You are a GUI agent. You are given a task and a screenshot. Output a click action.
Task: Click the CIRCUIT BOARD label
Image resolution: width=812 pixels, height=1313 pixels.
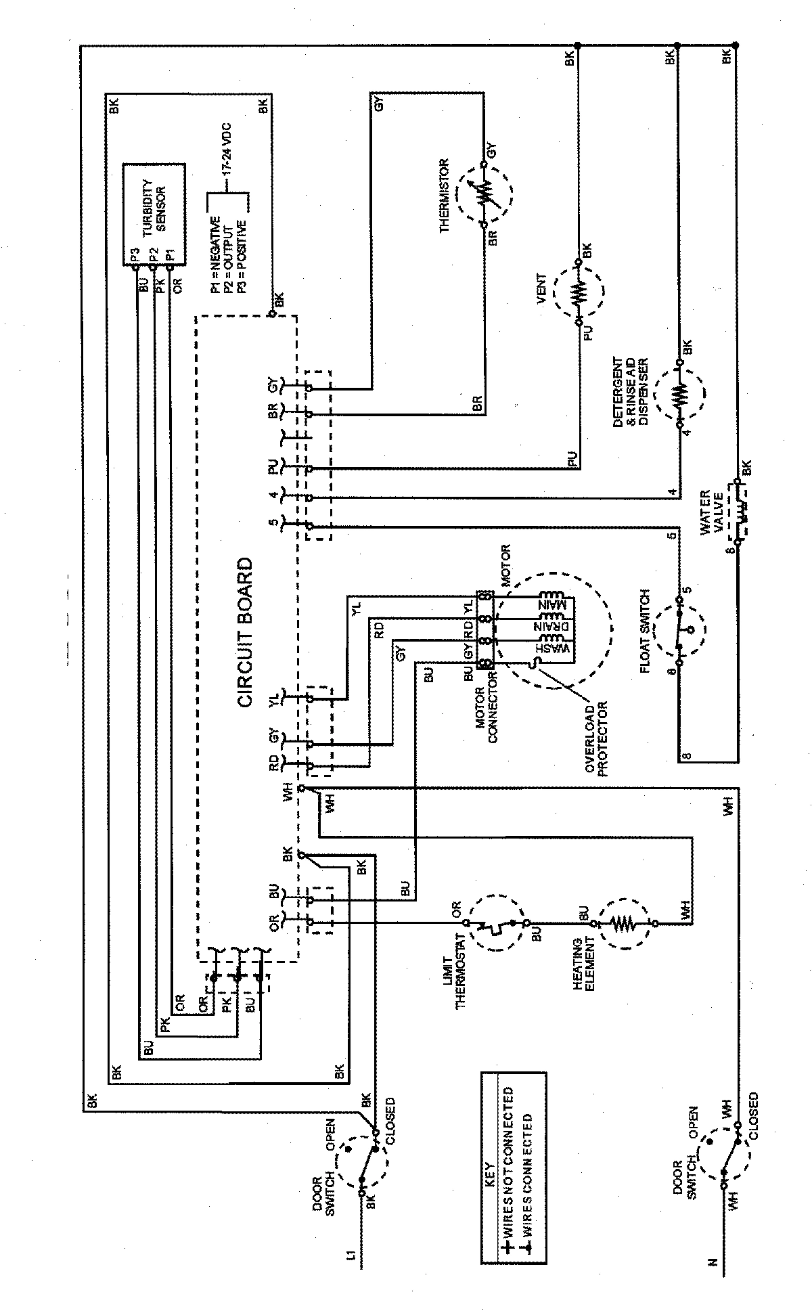(244, 632)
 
